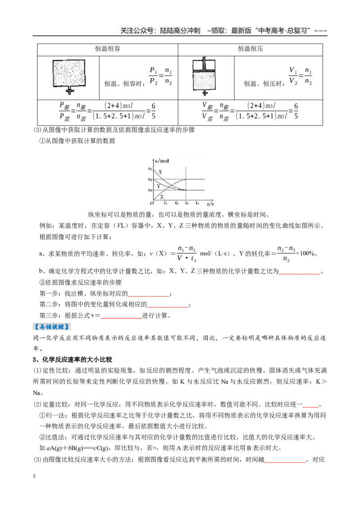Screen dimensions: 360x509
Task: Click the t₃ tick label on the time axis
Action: pos(186,203)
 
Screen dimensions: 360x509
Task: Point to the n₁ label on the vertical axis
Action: pos(150,169)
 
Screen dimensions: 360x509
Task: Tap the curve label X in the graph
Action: pos(160,172)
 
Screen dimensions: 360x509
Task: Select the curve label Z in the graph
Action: pos(162,196)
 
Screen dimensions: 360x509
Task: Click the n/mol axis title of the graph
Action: pos(162,161)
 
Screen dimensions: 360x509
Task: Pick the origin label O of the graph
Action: pos(152,204)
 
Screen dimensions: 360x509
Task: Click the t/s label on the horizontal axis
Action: pos(210,204)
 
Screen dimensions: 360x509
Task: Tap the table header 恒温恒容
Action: pos(108,49)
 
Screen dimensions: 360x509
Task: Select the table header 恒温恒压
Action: pos(250,49)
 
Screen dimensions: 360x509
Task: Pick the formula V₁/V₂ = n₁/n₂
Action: pos(301,76)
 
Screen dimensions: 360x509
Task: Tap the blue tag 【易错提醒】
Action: pos(52,326)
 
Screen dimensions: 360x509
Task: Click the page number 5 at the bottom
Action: pos(34,476)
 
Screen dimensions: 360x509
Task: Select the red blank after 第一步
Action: pos(148,296)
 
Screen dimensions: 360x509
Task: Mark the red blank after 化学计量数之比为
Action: pos(300,274)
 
